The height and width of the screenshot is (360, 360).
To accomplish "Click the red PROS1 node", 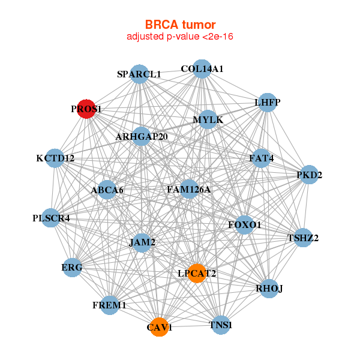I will click(x=86, y=109).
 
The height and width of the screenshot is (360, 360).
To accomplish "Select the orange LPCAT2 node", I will click(x=197, y=273).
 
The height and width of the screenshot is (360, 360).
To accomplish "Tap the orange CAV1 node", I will click(x=159, y=327).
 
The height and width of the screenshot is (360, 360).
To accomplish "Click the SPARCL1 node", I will click(x=139, y=74).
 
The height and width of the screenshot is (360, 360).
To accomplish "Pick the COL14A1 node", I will click(x=202, y=69).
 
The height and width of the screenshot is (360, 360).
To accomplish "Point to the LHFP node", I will click(x=267, y=103).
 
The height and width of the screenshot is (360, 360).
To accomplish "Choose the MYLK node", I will click(x=208, y=120).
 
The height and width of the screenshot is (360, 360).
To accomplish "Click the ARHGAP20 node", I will click(x=142, y=136).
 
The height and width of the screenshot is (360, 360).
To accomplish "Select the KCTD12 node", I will click(x=55, y=158).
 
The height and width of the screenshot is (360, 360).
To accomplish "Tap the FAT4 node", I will click(x=262, y=158).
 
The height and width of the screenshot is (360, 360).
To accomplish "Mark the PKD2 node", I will click(x=309, y=175).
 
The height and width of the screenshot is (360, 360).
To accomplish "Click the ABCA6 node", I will click(x=107, y=190).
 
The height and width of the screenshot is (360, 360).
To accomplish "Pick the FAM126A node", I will click(x=189, y=190).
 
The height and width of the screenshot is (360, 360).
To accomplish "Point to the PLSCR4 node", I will click(x=52, y=218).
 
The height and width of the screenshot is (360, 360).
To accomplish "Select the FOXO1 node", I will click(x=245, y=225).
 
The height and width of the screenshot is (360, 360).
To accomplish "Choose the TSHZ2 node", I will click(x=303, y=238).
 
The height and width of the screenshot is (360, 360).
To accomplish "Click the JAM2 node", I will click(x=142, y=242).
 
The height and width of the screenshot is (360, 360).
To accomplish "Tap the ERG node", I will click(x=72, y=267).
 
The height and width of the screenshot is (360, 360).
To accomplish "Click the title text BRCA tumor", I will click(x=180, y=25).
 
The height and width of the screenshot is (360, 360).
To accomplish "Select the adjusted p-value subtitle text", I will click(x=180, y=37).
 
